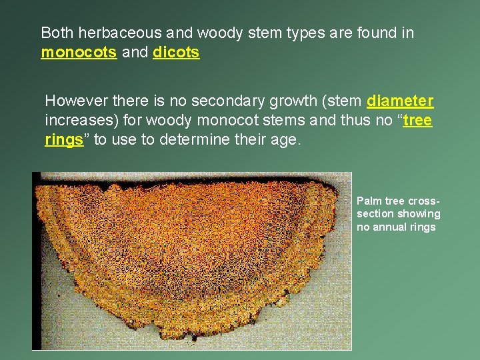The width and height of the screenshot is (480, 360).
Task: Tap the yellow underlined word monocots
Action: click(78, 53)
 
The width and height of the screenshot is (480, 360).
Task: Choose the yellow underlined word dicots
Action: click(176, 53)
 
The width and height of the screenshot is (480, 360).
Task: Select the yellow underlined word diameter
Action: click(400, 102)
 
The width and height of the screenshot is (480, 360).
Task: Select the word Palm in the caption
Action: click(369, 201)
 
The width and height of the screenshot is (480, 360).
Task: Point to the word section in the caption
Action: click(375, 214)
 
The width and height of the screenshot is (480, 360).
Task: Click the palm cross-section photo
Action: click(192, 261)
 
